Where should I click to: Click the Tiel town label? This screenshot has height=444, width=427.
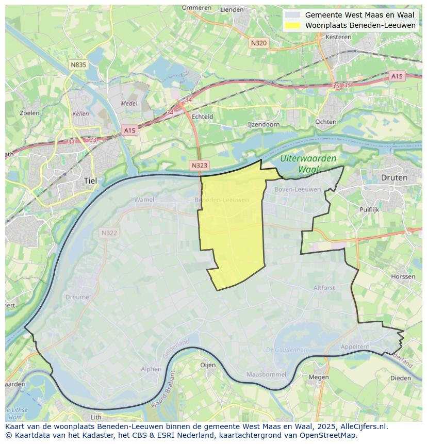click(x=90, y=180)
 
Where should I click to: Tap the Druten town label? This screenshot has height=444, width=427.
click(x=394, y=177)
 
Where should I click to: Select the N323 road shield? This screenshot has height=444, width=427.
click(x=199, y=166)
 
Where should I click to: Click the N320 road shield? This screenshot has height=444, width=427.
click(x=258, y=43)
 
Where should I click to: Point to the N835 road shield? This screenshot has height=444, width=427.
click(x=78, y=64)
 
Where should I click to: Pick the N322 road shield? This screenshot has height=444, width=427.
click(x=109, y=233)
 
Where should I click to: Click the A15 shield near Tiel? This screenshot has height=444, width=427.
click(x=129, y=130)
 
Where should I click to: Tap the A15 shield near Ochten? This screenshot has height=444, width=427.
click(x=396, y=76)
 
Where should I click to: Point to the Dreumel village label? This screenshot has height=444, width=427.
click(x=78, y=297)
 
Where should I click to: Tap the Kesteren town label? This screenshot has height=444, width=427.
click(x=338, y=37)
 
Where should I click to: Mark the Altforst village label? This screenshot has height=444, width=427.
click(x=324, y=288)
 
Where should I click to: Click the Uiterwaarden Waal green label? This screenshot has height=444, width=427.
click(x=309, y=163)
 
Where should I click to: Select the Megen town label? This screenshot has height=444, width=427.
click(x=319, y=376)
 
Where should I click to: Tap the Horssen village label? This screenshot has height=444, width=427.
click(x=403, y=276)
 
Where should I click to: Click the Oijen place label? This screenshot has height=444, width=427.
click(x=207, y=365)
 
